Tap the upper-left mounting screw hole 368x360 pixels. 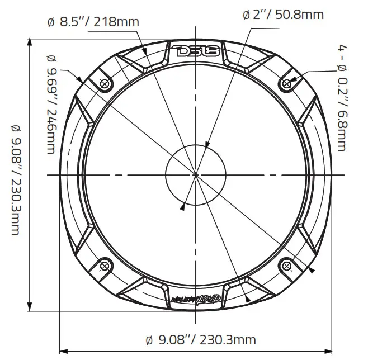(104, 83)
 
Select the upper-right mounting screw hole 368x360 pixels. (287, 83)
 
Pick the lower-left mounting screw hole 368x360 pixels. (104, 266)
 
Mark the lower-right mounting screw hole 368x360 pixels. (287, 266)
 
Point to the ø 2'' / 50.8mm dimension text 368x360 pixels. (283, 15)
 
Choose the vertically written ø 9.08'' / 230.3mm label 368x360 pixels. (14, 176)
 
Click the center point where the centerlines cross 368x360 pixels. (195, 175)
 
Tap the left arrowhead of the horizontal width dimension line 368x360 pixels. (63, 351)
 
